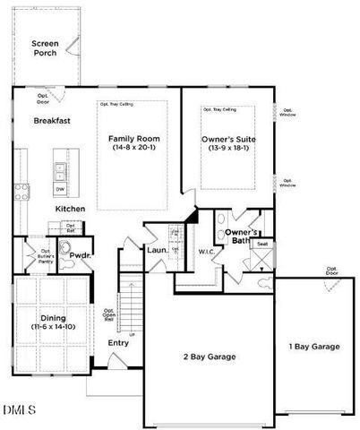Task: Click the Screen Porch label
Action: pos(44,47)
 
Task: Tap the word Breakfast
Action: pos(52,120)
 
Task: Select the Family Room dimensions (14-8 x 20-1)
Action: pos(132,148)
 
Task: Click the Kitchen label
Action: pos(70,208)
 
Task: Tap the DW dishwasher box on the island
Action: pos(60,189)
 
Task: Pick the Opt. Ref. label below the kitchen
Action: pos(70,228)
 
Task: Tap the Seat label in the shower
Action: pos(262,244)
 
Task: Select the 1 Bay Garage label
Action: pos(314,346)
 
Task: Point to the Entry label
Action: pos(118,342)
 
